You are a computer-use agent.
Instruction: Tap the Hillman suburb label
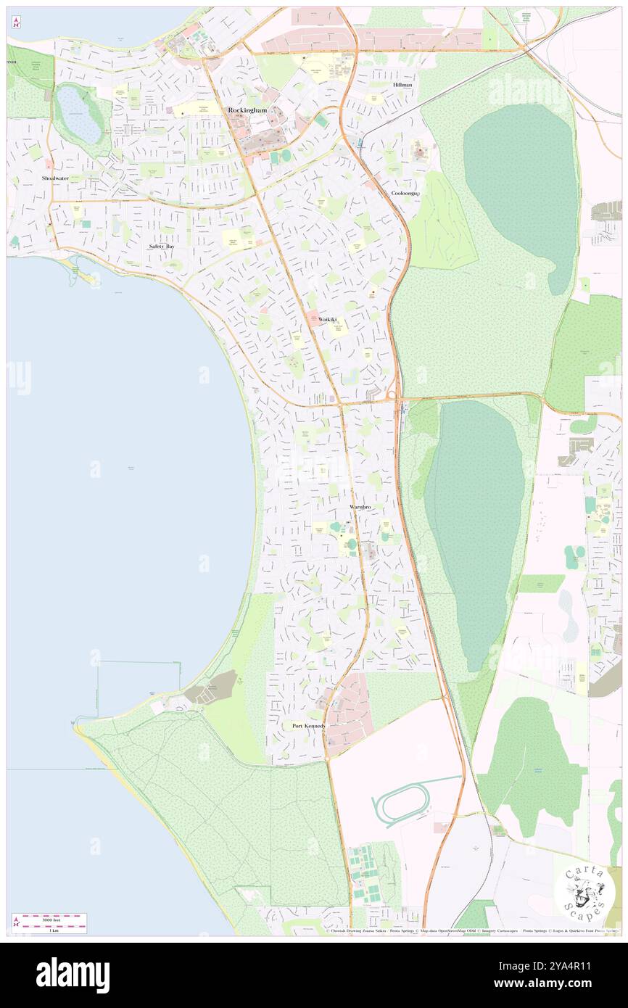pos(402,85)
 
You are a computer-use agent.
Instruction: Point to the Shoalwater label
pos(55,178)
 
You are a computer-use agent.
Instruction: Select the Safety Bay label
pos(162,247)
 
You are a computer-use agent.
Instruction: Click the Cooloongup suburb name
pos(405,194)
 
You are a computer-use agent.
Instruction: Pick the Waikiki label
pos(327,319)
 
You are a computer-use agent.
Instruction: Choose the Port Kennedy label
pos(309,726)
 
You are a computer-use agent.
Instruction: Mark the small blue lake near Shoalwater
pos(80,115)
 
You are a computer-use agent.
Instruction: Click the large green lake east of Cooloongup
pos(521,189)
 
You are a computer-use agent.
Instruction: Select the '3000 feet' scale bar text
pos(50,919)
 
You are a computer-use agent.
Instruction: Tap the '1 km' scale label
pos(53,930)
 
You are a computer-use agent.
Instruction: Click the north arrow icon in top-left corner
pos(17,22)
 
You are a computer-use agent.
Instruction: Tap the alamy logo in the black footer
pos(73,975)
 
